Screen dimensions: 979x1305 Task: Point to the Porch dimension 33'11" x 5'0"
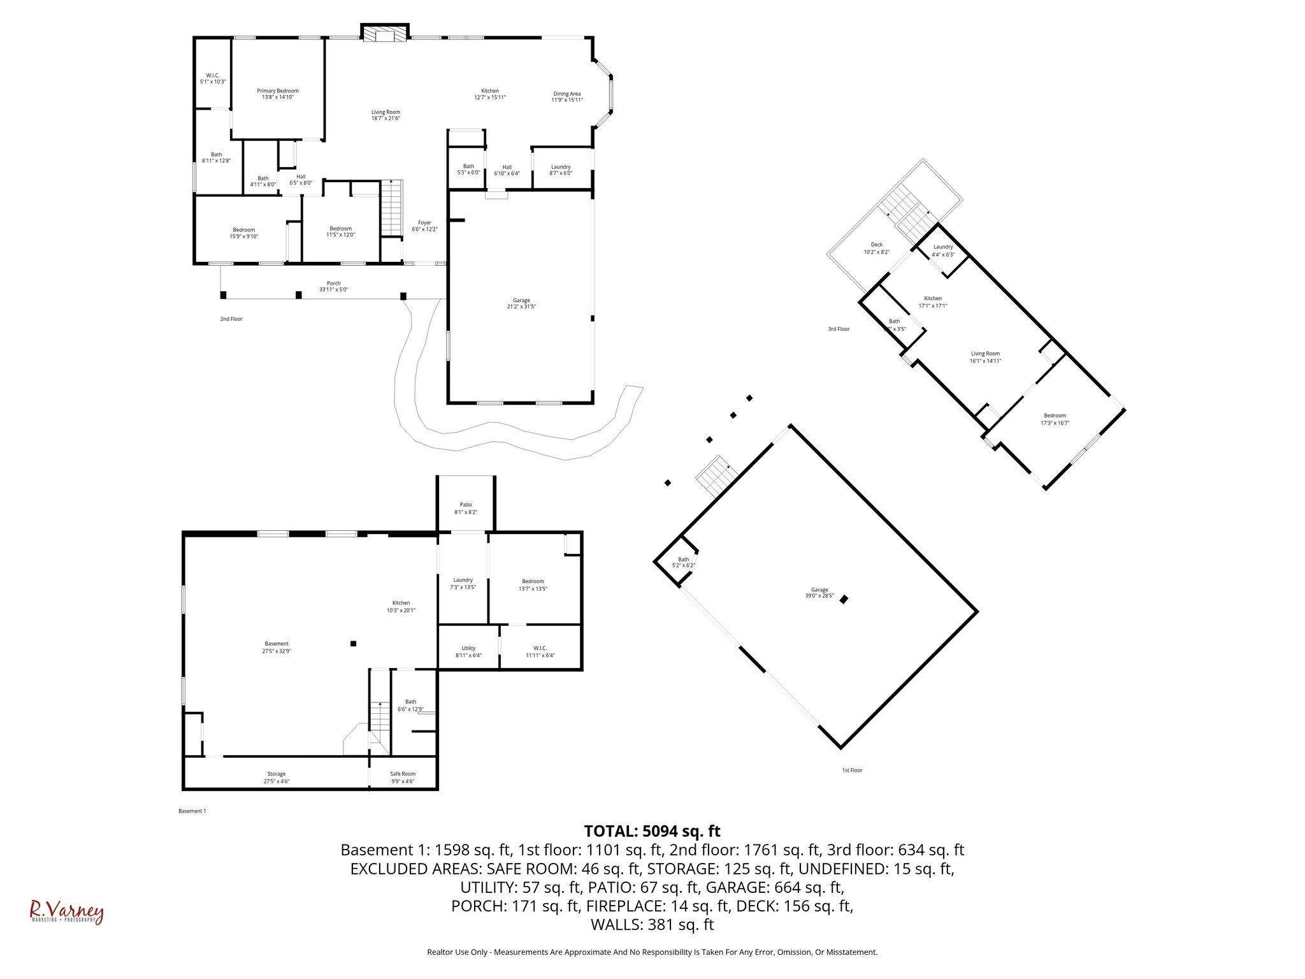coord(333,290)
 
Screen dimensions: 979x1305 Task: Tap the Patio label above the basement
coord(466,505)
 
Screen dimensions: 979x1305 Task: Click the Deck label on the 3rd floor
coord(877,245)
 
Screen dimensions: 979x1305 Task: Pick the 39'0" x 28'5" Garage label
coord(819,593)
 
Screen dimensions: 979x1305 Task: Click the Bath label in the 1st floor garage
coord(683,560)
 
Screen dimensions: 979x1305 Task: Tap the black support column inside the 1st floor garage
coord(844,599)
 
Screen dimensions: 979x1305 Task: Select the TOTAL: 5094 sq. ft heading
coord(652,831)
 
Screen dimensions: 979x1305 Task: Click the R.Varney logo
coord(66,912)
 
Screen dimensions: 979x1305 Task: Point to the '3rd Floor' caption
coord(839,329)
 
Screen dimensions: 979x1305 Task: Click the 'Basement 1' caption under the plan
coord(192,811)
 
